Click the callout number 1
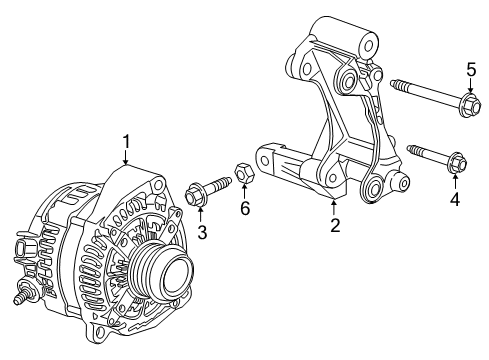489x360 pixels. [x=126, y=141]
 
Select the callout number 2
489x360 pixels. [x=335, y=225]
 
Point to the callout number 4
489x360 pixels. [x=455, y=200]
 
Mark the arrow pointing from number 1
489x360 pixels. [x=126, y=157]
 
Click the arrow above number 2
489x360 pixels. [x=334, y=205]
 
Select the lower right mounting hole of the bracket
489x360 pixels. [x=378, y=186]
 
